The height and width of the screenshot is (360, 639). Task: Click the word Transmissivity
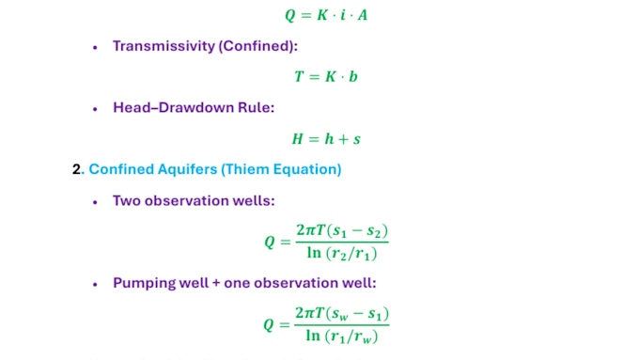click(164, 46)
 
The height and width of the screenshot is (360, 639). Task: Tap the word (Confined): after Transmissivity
click(258, 46)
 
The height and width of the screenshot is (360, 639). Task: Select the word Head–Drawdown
click(174, 108)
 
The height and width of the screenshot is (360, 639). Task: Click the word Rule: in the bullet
click(257, 108)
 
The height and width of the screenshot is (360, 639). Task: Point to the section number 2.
click(77, 169)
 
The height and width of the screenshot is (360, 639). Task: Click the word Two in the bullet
click(127, 201)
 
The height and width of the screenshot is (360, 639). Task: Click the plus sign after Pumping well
click(216, 283)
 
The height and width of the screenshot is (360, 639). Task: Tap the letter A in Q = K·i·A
click(363, 15)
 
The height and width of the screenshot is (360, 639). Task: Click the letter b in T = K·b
click(353, 76)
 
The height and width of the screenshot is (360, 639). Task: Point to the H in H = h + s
click(298, 139)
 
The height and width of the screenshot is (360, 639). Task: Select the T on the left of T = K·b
click(299, 77)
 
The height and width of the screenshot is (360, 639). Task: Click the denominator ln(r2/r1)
click(342, 253)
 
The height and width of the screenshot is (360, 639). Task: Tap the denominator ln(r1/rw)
click(342, 336)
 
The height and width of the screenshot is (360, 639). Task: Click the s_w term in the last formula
click(340, 314)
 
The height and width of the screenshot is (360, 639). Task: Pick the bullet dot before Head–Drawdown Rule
click(95, 109)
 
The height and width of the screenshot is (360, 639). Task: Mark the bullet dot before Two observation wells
click(95, 202)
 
